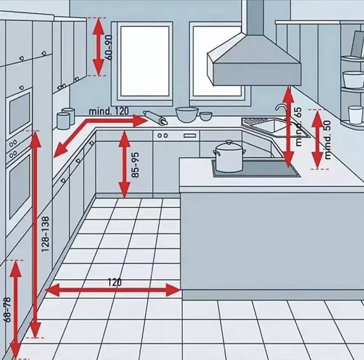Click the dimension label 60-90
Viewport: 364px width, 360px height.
pyautogui.click(x=109, y=47)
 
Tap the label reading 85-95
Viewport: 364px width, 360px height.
pyautogui.click(x=135, y=165)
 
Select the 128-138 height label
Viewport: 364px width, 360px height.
pyautogui.click(x=45, y=234)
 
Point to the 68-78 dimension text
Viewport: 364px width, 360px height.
pyautogui.click(x=7, y=310)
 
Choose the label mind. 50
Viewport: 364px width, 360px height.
pyautogui.click(x=327, y=140)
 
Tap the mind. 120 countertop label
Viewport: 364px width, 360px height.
pyautogui.click(x=109, y=111)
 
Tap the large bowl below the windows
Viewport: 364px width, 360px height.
pyautogui.click(x=187, y=114)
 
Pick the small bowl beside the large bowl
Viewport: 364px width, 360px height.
pyautogui.click(x=206, y=116)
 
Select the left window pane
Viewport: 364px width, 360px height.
pyautogui.click(x=144, y=61)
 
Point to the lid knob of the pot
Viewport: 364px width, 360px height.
pyautogui.click(x=229, y=142)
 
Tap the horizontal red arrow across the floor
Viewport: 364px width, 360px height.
pyautogui.click(x=113, y=290)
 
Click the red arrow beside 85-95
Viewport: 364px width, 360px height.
pyautogui.click(x=124, y=164)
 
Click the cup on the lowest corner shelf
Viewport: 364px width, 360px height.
pyautogui.click(x=355, y=115)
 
